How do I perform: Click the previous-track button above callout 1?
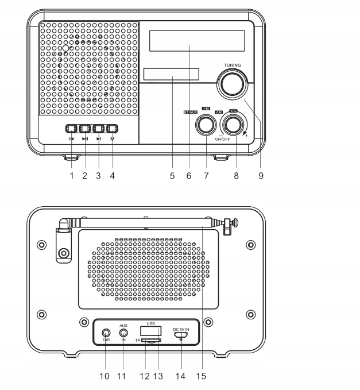[71, 129]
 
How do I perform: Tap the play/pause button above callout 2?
[85, 129]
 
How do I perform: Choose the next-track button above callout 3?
[99, 129]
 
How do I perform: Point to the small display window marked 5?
[172, 75]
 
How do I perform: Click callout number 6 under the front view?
[188, 176]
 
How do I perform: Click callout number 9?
[261, 176]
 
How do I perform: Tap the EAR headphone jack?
[106, 333]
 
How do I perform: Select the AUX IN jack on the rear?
[123, 333]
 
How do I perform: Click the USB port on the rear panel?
[150, 331]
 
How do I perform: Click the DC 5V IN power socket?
[181, 333]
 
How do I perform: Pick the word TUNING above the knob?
[233, 65]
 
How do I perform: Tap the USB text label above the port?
[150, 323]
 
